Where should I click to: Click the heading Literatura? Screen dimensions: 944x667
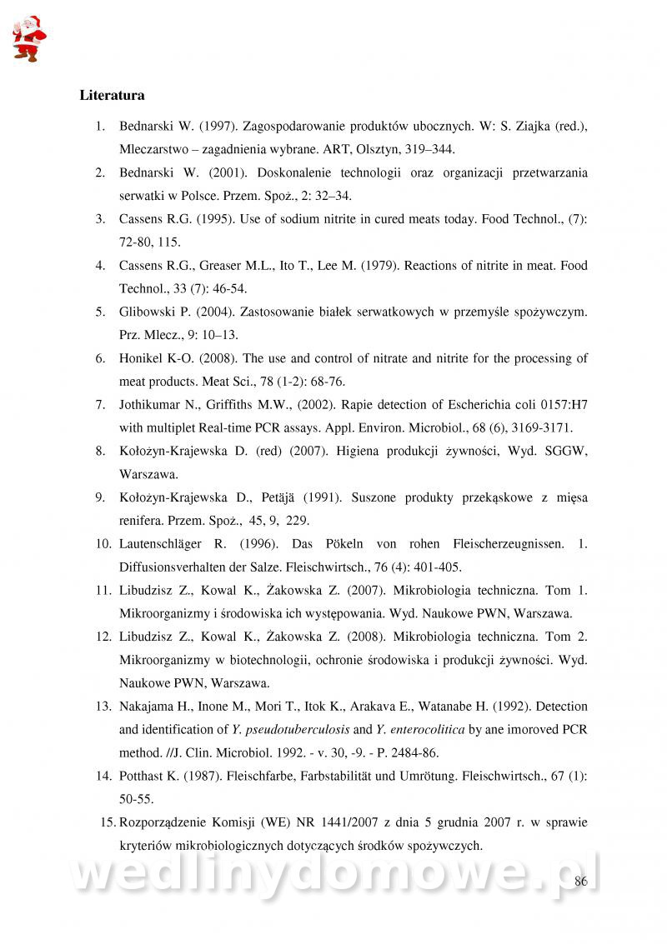[x=112, y=95]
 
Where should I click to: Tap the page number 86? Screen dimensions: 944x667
[x=581, y=882]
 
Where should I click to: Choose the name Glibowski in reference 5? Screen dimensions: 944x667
[x=147, y=312]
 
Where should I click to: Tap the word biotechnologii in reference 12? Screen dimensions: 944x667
[x=283, y=660]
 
